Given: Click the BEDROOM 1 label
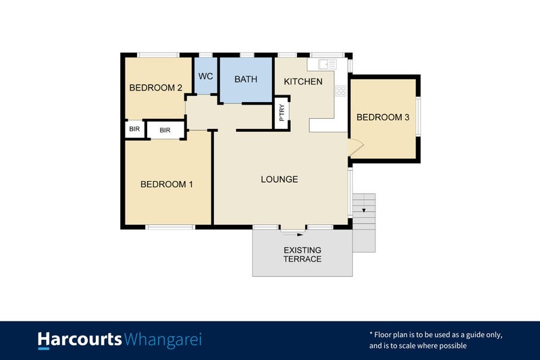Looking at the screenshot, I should click(167, 184).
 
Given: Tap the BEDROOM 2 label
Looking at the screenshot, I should click(156, 87).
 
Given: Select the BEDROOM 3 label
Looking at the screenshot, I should click(383, 117).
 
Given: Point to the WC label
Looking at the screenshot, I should click(206, 76).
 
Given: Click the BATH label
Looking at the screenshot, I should click(246, 79).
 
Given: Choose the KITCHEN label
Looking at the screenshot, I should click(303, 81).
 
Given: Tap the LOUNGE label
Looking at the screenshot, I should click(279, 179).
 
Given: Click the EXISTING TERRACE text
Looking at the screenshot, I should click(302, 255).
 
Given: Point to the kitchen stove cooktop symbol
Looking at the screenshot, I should click(341, 90).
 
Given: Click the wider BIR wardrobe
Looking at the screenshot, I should click(165, 130).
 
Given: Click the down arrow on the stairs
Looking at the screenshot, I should click(364, 211).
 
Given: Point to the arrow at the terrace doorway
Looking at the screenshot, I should click(300, 234).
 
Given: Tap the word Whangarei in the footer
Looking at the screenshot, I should click(163, 339).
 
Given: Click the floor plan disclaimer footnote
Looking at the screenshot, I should click(435, 340).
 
